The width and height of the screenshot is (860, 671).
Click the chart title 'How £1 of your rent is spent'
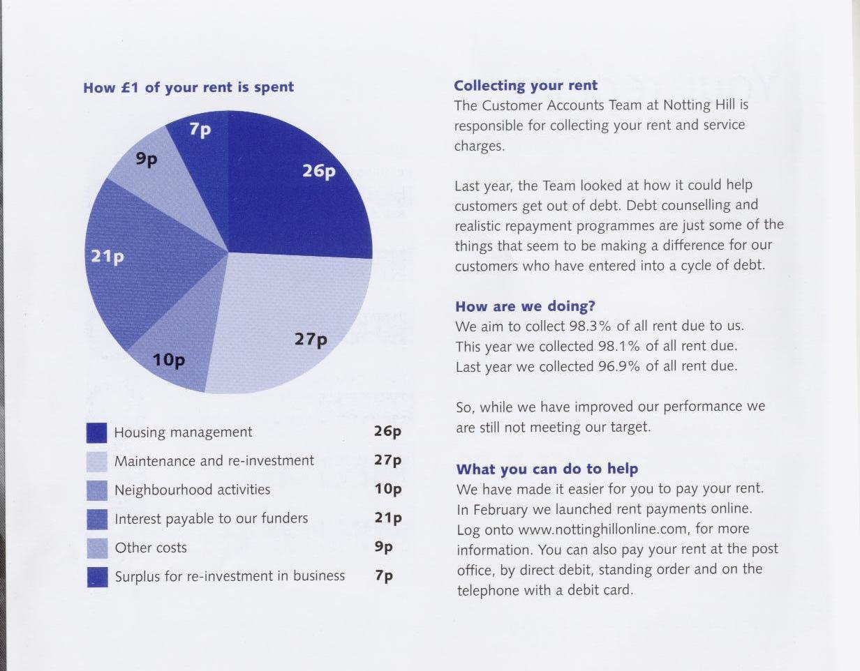pyautogui.click(x=188, y=87)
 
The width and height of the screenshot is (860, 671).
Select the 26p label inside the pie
pyautogui.click(x=319, y=171)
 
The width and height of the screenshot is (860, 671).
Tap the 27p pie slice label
pyautogui.click(x=311, y=340)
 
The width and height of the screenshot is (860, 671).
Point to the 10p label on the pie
pyautogui.click(x=169, y=360)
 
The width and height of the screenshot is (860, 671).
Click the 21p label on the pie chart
pyautogui.click(x=107, y=257)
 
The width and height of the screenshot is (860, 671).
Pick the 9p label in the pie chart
pyautogui.click(x=147, y=159)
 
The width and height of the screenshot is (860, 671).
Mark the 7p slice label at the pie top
pyautogui.click(x=200, y=130)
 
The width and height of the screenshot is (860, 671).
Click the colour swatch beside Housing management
pyautogui.click(x=97, y=433)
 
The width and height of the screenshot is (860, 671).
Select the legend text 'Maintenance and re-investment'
pyautogui.click(x=214, y=461)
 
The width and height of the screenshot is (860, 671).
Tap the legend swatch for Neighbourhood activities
pyautogui.click(x=97, y=490)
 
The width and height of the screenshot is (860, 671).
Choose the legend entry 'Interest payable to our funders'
pyautogui.click(x=211, y=518)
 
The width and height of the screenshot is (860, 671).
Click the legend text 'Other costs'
pyautogui.click(x=151, y=548)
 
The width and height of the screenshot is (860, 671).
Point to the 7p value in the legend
pyautogui.click(x=384, y=576)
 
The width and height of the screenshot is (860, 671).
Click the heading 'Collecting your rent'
pyautogui.click(x=526, y=86)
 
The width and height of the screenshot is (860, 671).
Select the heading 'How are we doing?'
pyautogui.click(x=525, y=306)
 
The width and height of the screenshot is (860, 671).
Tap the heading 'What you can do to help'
pyautogui.click(x=547, y=469)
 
